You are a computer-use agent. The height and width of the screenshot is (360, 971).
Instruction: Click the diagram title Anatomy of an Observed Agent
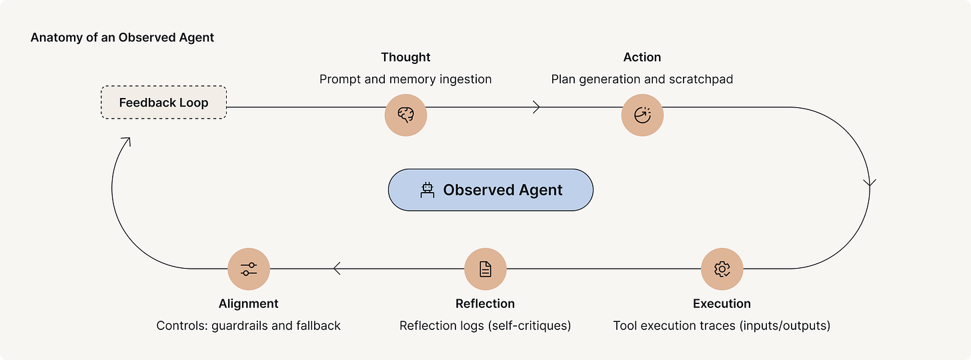tap(122, 37)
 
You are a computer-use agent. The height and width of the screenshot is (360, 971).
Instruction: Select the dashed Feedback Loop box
tap(163, 103)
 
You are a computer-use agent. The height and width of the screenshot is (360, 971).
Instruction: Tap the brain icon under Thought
tap(405, 115)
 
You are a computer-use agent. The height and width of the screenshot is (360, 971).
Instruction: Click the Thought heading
tap(405, 57)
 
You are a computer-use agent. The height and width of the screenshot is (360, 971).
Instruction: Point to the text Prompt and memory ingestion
tap(405, 79)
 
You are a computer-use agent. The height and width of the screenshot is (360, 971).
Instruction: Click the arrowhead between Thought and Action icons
tap(536, 107)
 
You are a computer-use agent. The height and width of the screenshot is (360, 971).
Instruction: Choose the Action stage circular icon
tap(642, 115)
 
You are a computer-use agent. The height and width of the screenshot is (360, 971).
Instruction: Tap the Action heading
tap(642, 57)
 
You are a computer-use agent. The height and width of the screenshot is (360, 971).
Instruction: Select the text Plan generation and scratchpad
tap(642, 79)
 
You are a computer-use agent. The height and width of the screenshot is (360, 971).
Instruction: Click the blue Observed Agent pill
tap(490, 190)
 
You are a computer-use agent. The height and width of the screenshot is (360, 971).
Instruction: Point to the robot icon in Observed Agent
tap(427, 190)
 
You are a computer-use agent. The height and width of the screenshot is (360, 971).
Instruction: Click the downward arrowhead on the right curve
tap(869, 182)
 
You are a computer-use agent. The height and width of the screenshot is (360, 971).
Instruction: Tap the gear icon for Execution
tap(722, 269)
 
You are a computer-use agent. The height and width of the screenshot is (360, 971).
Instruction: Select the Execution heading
tap(722, 303)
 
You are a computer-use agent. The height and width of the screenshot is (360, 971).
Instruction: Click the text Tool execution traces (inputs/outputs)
tap(722, 325)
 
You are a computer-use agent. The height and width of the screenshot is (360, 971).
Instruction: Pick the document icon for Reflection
tap(485, 269)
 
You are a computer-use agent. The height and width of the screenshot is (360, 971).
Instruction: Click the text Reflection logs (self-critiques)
tap(485, 325)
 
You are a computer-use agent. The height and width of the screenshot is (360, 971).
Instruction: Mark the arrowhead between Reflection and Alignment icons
tap(337, 269)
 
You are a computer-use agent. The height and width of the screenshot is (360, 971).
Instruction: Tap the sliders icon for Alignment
tap(248, 269)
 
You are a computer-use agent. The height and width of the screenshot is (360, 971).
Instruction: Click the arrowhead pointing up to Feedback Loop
tap(125, 141)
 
